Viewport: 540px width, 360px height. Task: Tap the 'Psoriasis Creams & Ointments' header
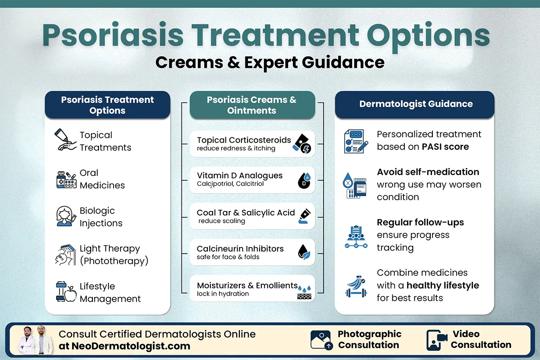(251, 105)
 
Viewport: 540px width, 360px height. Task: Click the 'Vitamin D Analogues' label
(240, 175)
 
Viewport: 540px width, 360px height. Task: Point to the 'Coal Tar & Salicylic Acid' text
(245, 213)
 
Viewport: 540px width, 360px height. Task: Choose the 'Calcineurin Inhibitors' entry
(240, 249)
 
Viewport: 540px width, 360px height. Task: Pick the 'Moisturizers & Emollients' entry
(247, 286)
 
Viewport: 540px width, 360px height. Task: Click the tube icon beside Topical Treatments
(65, 140)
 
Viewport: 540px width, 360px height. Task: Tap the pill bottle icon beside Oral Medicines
(66, 179)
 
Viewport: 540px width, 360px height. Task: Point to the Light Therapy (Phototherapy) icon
(66, 255)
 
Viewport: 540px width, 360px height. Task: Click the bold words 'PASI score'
(445, 147)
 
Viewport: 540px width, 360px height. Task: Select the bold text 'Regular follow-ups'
(420, 223)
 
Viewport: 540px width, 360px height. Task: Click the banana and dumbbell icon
(356, 286)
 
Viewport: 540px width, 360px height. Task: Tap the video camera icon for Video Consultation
(436, 340)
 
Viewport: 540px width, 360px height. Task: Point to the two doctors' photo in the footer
(35, 340)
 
